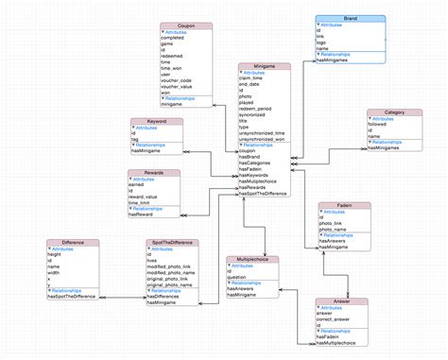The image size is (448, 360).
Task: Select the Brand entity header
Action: pos(350,18)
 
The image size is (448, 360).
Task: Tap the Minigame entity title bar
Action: pos(264,66)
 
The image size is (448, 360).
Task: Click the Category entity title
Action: pos(394,112)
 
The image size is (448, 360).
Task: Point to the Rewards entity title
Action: pos(153,173)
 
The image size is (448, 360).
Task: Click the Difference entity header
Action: pos(73,243)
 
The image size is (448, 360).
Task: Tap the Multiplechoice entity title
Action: pos(251,259)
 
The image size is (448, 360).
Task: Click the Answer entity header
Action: pos(339,301)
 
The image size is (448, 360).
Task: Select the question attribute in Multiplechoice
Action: pos(241,275)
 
